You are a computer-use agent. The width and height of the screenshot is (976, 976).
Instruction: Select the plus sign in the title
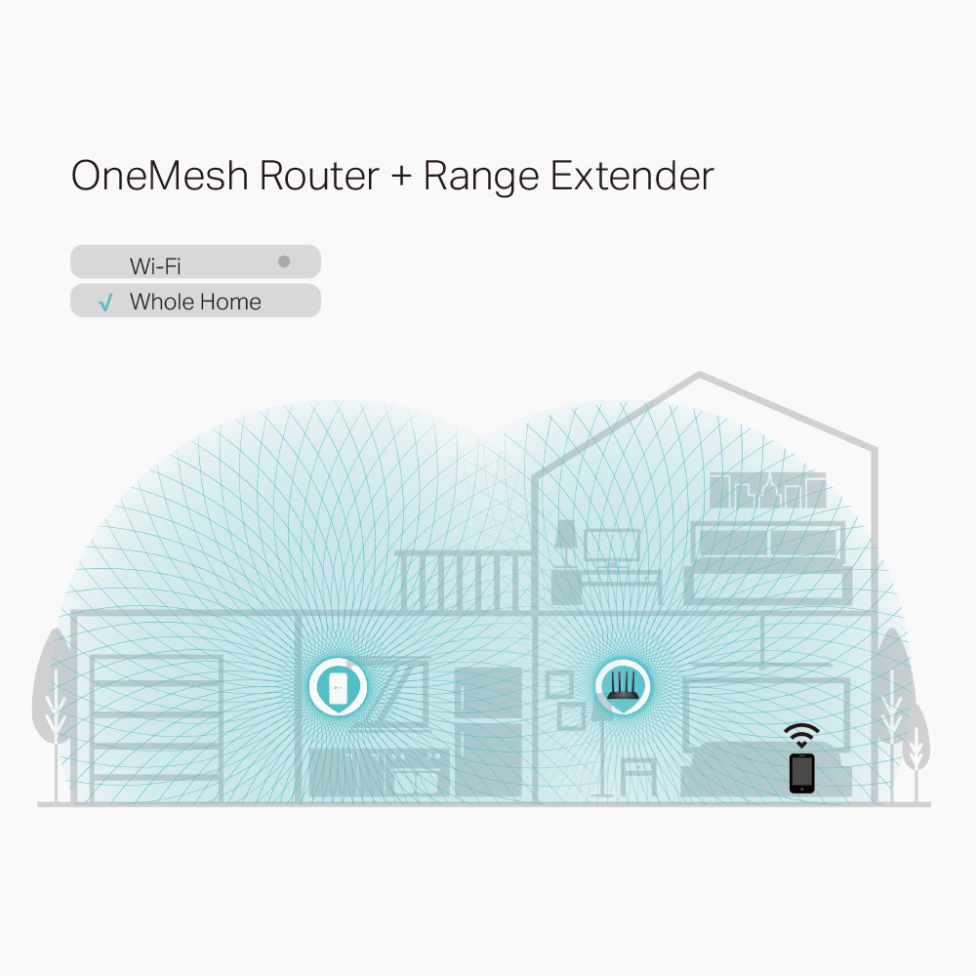pos(401,178)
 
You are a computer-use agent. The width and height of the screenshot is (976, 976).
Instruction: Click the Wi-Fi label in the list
pos(155,264)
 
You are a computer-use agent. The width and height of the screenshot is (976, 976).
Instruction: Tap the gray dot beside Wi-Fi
pos(284,262)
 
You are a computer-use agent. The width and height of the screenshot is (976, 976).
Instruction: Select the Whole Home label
pos(195,302)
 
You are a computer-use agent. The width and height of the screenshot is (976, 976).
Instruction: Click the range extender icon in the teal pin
pos(338,687)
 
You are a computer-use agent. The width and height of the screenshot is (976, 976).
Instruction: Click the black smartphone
pos(801,772)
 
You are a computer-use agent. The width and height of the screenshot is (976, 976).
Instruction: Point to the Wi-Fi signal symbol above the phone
pos(801,735)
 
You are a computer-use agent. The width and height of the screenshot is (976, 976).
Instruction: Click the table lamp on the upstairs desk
pos(565,541)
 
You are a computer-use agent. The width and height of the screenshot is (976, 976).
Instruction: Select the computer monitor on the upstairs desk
pos(612,547)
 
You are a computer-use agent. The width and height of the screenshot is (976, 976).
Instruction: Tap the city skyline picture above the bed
pos(768,491)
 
